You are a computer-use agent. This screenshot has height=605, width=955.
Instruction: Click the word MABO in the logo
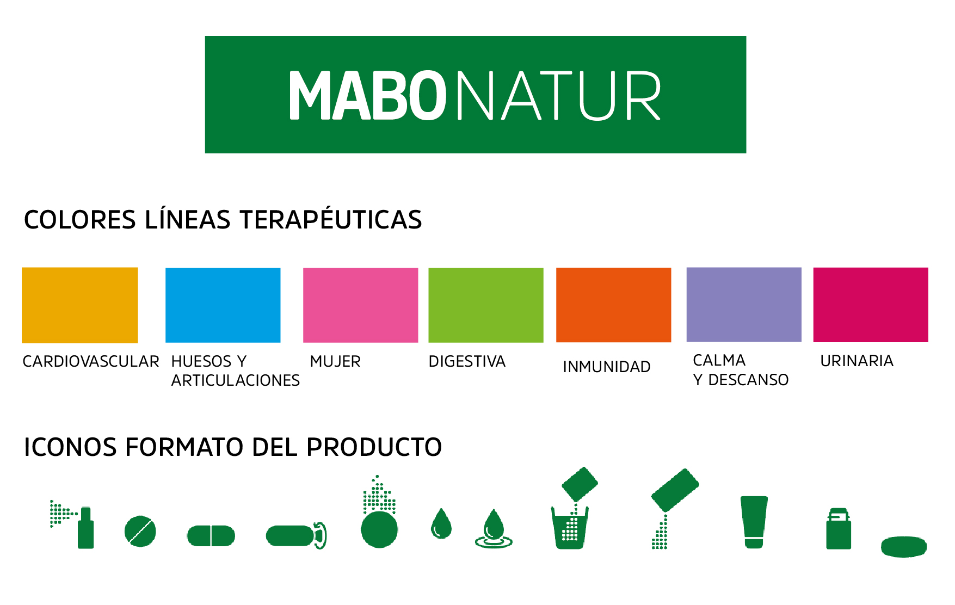click(368, 95)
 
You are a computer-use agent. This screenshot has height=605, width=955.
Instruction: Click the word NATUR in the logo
click(559, 95)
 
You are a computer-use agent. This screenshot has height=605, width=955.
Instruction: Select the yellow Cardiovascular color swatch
click(80, 305)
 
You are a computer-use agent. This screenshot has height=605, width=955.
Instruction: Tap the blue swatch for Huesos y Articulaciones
click(223, 305)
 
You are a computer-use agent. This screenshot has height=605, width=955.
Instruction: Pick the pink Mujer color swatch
click(361, 305)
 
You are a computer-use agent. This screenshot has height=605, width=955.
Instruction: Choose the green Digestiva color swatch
click(486, 305)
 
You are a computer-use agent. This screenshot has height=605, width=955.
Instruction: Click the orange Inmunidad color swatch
click(614, 305)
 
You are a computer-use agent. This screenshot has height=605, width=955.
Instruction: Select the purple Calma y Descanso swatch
click(744, 305)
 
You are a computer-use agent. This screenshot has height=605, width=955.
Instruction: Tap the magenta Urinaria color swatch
click(871, 305)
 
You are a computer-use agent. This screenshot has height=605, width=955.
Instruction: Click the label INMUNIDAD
click(607, 367)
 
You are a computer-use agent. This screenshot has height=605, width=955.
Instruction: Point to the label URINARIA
click(857, 361)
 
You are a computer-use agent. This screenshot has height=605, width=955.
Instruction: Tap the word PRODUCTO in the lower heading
click(374, 447)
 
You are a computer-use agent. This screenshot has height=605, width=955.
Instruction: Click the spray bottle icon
click(72, 524)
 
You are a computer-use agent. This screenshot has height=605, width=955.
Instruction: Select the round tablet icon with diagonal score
click(140, 531)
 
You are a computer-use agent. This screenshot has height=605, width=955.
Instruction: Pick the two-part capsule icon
click(211, 536)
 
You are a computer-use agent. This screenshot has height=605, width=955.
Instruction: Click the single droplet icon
click(441, 523)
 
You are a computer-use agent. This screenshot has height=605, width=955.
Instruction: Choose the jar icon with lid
click(839, 528)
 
